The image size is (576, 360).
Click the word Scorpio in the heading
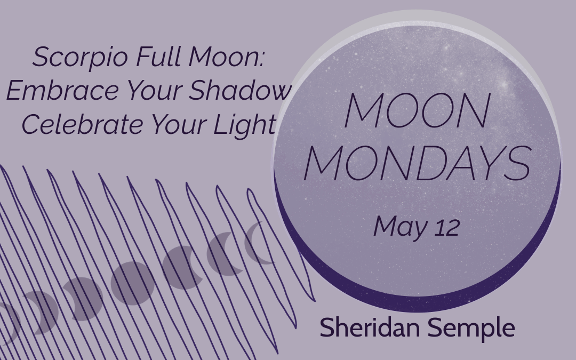point(80,57)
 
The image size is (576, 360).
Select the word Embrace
point(62,90)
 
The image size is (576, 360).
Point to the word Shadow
point(240,90)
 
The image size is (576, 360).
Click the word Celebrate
point(82,124)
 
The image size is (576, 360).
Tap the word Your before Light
point(179,124)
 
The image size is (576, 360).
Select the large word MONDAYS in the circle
point(418,163)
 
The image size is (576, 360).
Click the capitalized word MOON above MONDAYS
point(417,110)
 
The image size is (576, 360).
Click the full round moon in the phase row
point(133,283)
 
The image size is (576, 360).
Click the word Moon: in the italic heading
point(226,57)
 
